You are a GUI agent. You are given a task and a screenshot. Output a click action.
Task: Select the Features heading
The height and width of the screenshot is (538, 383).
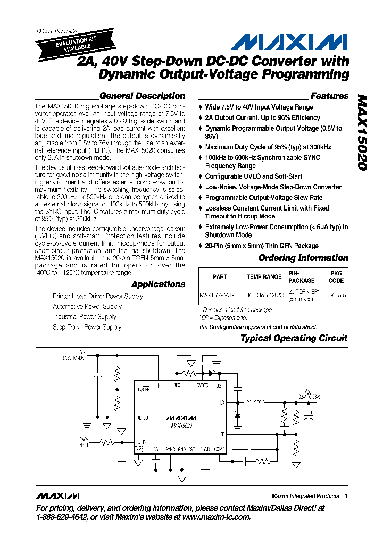click(329, 96)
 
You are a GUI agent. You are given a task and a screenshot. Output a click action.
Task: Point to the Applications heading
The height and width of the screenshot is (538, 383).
click(158, 284)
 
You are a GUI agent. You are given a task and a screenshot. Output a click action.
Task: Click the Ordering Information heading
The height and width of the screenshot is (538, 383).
click(303, 258)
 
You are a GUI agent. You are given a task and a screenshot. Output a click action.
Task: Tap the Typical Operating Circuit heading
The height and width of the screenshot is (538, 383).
click(294, 338)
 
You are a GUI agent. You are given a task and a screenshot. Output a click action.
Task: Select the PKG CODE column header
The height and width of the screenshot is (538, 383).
click(336, 277)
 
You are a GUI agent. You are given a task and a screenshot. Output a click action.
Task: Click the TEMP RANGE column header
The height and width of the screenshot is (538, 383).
click(264, 277)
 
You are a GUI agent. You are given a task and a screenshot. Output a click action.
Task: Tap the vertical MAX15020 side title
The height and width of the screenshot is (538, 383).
click(362, 132)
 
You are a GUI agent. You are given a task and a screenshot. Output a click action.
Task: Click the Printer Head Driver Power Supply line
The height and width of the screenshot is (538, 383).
click(98, 296)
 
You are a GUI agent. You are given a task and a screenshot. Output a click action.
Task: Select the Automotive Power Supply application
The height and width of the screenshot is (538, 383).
click(87, 306)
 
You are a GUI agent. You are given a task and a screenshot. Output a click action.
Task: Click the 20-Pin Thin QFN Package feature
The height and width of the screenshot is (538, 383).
click(262, 246)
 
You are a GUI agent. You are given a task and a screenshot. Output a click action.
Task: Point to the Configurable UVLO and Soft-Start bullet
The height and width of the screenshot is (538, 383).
click(254, 176)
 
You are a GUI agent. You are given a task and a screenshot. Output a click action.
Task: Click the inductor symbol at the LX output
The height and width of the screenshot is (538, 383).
click(254, 402)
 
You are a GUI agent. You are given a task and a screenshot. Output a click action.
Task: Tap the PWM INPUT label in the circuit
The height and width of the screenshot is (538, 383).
click(84, 440)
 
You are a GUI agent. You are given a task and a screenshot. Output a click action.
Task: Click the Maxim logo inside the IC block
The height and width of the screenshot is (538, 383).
click(181, 418)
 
